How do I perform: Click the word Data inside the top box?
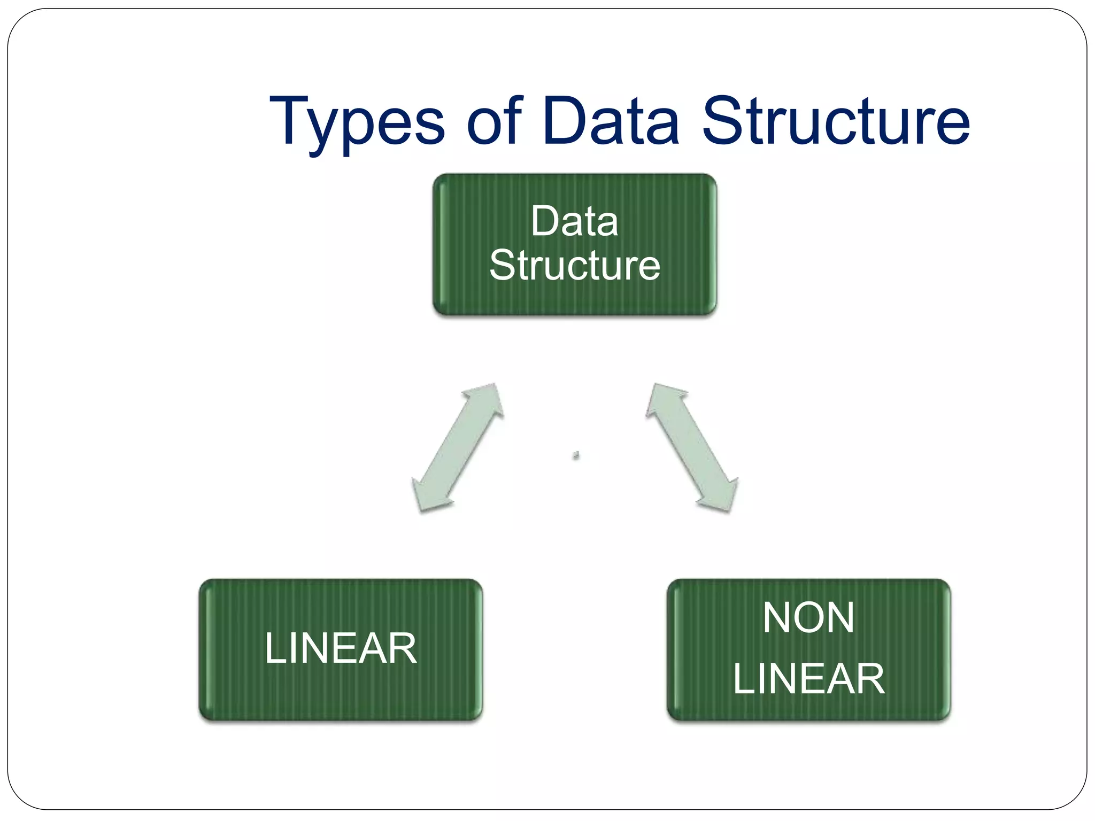point(575,221)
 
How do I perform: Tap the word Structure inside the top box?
point(575,266)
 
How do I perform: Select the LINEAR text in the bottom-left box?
point(341,648)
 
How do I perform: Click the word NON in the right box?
point(808,618)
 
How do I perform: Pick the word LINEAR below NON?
point(808,679)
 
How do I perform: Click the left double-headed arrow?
point(458,447)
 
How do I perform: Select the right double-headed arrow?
point(692,447)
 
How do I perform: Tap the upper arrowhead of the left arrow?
point(487,399)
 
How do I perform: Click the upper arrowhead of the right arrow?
point(663,399)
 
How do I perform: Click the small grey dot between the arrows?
point(576,455)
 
